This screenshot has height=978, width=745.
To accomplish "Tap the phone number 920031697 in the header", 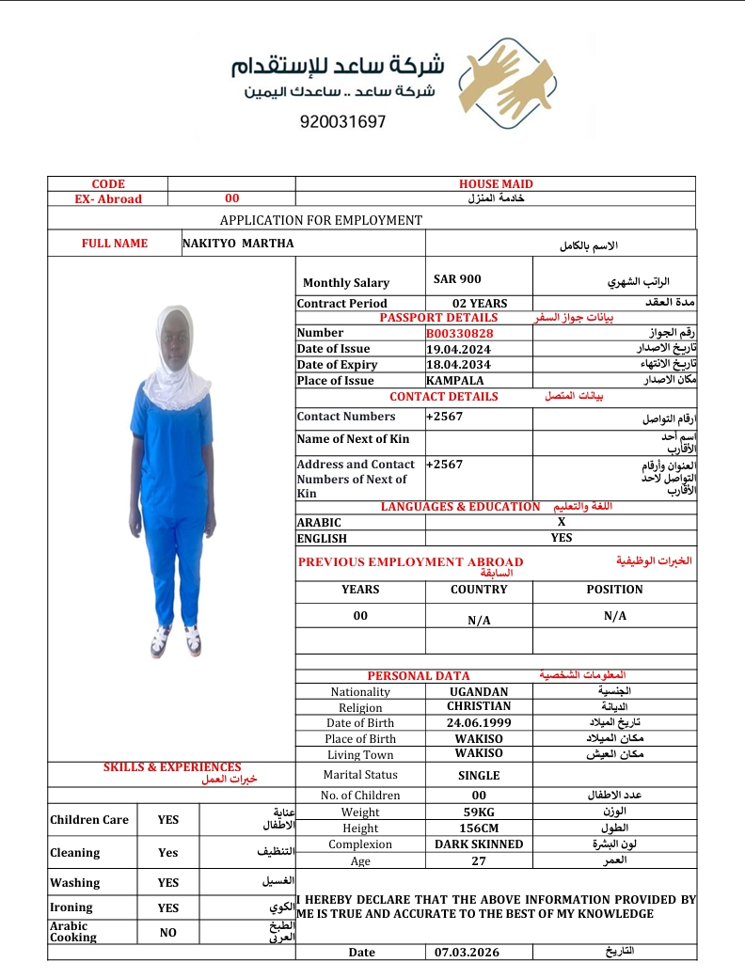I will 343,122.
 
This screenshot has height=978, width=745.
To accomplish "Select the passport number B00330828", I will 460,333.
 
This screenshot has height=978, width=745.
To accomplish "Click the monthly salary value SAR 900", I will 457,279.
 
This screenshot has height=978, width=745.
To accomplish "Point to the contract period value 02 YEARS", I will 480,304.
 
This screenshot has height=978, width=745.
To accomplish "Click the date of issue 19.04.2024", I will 458,349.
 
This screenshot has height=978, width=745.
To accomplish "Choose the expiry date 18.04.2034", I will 458,365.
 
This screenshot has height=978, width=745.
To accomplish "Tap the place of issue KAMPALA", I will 455,381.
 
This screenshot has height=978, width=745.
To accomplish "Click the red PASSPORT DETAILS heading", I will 438,318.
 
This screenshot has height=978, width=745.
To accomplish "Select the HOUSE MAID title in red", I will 496,184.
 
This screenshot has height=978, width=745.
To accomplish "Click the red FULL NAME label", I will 115,244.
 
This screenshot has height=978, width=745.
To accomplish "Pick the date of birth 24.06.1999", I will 479,723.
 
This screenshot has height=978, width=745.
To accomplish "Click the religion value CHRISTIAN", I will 479,706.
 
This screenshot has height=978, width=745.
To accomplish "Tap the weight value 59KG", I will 479,812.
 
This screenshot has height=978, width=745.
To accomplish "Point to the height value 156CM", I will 479,828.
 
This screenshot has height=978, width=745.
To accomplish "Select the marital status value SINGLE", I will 479,776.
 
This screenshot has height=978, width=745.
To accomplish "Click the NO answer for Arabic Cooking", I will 168,932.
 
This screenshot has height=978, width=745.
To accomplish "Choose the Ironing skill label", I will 71,907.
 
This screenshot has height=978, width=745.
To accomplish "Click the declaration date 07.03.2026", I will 468,953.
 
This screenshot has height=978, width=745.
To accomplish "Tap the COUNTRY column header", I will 479,590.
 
